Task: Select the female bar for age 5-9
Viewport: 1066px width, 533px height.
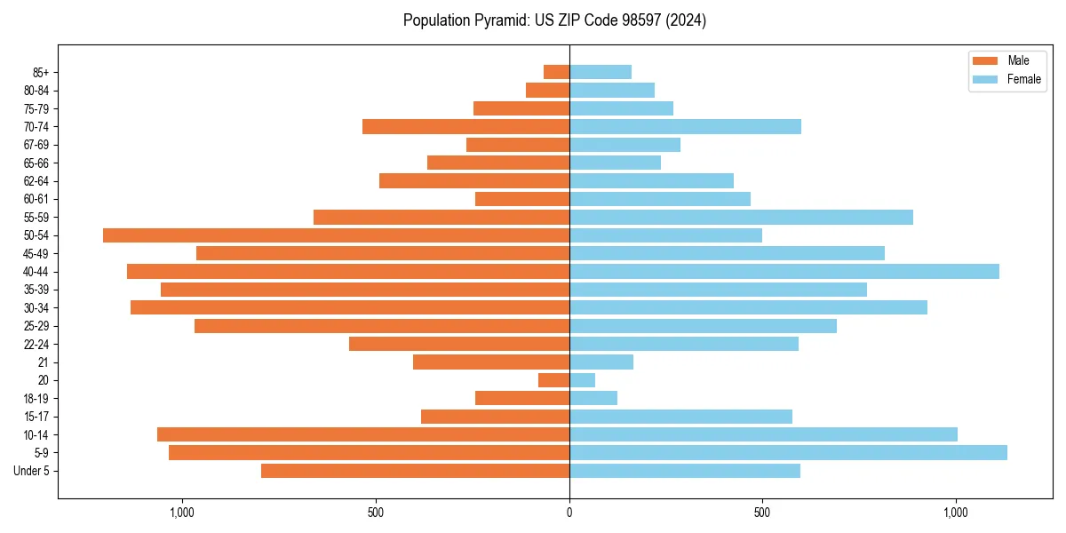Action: click(x=788, y=453)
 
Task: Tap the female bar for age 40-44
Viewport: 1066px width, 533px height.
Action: click(x=784, y=272)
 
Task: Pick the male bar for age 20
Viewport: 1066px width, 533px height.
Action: click(x=553, y=380)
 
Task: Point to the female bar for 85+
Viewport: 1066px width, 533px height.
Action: click(x=601, y=72)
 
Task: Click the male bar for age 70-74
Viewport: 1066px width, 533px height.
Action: click(x=465, y=126)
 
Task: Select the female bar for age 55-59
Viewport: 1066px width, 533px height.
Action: click(x=741, y=218)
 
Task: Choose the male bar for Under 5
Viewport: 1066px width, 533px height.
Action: click(x=415, y=471)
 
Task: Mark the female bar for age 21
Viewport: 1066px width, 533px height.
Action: click(x=601, y=362)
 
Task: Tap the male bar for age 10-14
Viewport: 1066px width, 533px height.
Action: click(x=363, y=434)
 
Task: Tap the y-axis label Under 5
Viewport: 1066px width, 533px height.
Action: click(x=32, y=471)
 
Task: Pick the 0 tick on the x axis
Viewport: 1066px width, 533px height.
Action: click(x=569, y=513)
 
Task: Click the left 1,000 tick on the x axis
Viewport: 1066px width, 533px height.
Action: click(x=182, y=513)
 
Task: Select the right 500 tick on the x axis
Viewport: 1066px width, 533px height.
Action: click(x=762, y=513)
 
